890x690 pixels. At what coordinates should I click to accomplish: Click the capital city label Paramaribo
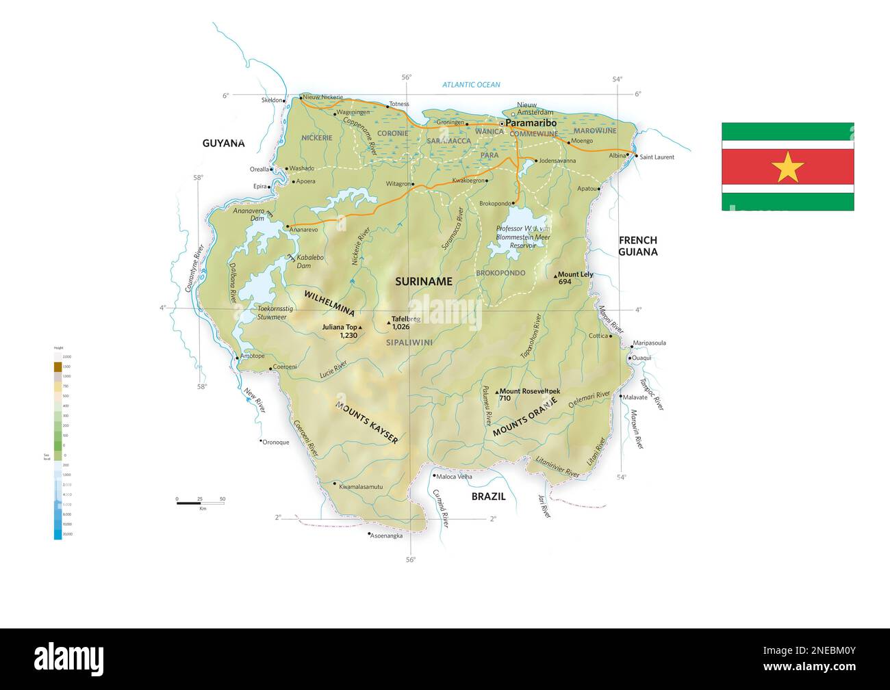[531, 123]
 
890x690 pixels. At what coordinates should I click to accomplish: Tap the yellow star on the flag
[787, 167]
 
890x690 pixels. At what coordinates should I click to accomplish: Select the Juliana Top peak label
[340, 328]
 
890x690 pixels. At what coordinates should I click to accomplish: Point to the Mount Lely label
[575, 275]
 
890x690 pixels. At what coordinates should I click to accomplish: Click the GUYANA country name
[223, 143]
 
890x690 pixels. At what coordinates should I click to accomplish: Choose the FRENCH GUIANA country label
[637, 246]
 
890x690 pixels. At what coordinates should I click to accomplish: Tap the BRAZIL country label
[488, 496]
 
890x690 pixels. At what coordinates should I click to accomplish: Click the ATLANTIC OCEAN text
[471, 85]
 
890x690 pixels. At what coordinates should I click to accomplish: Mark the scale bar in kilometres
[200, 503]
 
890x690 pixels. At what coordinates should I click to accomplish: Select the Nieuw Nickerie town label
[322, 97]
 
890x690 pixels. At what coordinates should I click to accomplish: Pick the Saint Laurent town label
[657, 157]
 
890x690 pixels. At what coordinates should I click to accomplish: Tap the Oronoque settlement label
[276, 442]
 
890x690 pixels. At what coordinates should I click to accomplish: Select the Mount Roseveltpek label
[531, 390]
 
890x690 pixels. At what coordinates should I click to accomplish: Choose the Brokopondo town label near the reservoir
[496, 203]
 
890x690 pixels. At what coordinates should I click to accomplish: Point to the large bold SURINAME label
[424, 281]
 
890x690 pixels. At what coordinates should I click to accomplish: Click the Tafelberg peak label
[405, 319]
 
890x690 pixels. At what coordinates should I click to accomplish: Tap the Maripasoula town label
[649, 343]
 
